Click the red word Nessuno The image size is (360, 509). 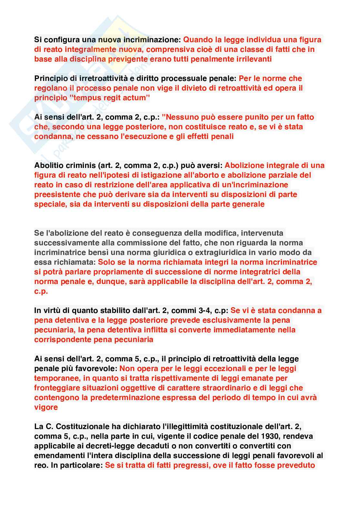click(180, 117)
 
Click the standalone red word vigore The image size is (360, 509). click(46, 407)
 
